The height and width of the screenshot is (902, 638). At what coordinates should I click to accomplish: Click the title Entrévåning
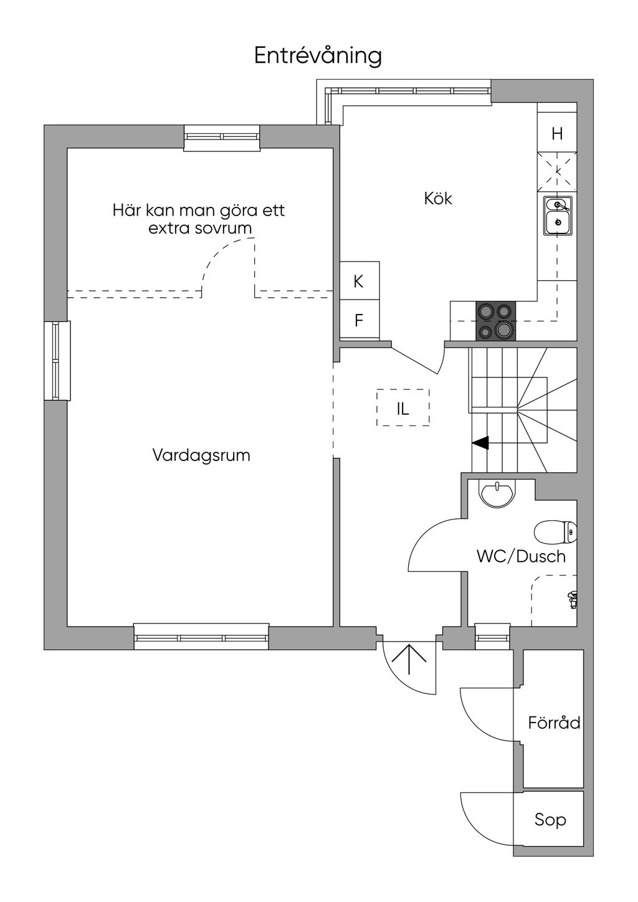(x=318, y=56)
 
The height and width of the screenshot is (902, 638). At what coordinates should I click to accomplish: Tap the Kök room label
(x=438, y=199)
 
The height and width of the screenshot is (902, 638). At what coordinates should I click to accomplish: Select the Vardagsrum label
(x=201, y=455)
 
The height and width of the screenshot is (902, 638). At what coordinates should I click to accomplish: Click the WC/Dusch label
(x=521, y=556)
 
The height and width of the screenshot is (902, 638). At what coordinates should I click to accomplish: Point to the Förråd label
(x=554, y=723)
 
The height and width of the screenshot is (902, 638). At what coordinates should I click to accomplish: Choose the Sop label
(x=550, y=820)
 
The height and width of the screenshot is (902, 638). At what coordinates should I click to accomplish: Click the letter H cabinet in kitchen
(x=558, y=134)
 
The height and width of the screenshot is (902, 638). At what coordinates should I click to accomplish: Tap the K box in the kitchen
(x=359, y=282)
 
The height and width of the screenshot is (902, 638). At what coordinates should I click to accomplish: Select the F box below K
(x=359, y=321)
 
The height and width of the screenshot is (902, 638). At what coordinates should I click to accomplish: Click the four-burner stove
(x=496, y=321)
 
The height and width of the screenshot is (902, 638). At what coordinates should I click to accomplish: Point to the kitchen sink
(x=558, y=215)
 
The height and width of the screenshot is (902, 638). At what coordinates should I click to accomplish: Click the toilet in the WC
(x=555, y=532)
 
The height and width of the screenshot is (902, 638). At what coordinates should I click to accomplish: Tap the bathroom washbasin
(x=497, y=491)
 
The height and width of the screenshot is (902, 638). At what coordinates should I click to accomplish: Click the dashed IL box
(x=402, y=408)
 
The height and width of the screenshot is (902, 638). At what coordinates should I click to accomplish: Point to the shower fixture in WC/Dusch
(x=572, y=599)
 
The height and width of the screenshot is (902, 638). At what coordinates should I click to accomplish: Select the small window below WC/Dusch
(x=492, y=634)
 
